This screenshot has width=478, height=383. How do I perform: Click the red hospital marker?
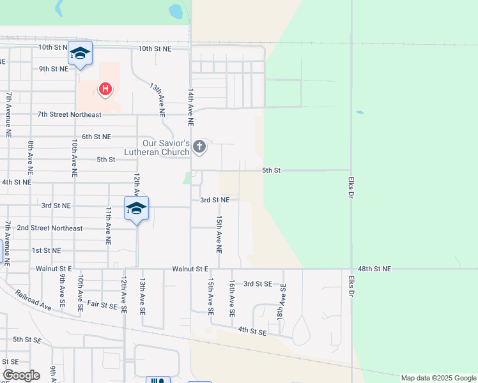(x=105, y=89)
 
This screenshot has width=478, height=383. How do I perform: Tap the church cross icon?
(x=199, y=147)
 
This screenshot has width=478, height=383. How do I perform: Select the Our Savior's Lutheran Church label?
(x=166, y=147)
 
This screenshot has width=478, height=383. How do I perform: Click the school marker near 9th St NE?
(x=80, y=54)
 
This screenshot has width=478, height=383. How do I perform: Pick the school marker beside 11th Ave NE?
(x=136, y=209)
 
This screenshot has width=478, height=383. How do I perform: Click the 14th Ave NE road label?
(x=190, y=107)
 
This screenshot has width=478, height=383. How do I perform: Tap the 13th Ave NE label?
(x=158, y=98)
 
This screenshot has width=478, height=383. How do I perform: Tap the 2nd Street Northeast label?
(x=50, y=228)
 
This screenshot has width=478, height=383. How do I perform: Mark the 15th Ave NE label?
(x=219, y=232)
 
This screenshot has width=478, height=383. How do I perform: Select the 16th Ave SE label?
(x=232, y=299)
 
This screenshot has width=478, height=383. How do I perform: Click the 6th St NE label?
(x=96, y=137)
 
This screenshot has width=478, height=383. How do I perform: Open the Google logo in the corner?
(x=21, y=375)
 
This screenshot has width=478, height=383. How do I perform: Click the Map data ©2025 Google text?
(x=438, y=378)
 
